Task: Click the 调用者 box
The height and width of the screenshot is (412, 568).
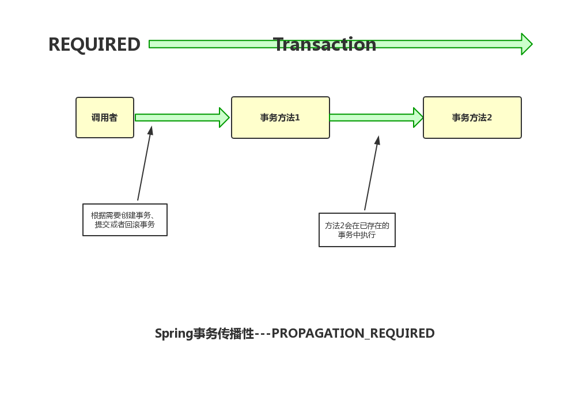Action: (105, 118)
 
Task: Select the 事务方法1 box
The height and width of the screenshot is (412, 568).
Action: (280, 118)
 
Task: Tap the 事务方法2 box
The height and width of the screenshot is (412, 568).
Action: (472, 118)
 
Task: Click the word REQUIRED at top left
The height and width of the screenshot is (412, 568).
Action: (94, 44)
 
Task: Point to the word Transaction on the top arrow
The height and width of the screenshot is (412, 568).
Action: (325, 44)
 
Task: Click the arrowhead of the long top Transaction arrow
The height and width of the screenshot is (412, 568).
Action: (526, 44)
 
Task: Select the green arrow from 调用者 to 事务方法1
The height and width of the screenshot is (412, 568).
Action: (179, 118)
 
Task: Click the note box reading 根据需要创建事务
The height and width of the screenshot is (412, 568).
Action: (125, 220)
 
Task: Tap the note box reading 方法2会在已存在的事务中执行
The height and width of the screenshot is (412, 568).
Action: (357, 230)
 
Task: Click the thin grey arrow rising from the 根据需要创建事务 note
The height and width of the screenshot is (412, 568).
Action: (144, 164)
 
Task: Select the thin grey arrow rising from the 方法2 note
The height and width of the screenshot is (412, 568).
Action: (372, 173)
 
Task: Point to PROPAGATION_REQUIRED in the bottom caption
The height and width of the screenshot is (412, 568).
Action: (353, 334)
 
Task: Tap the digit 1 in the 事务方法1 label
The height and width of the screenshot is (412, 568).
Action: (297, 118)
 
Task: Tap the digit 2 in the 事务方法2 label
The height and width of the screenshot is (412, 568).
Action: (490, 118)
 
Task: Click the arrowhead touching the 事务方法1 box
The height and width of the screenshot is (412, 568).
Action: (225, 118)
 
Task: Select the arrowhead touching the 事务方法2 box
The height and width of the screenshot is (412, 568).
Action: (418, 118)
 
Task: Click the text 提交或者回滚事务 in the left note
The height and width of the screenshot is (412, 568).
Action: (125, 225)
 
